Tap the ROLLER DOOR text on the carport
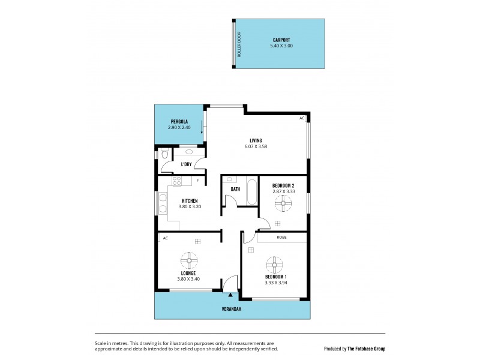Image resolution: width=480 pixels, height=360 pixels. tap(238, 45)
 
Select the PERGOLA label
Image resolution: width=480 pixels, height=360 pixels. tap(179, 122)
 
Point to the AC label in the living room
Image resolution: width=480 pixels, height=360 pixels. tap(302, 118)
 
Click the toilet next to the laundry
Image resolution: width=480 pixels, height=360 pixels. tap(164, 155)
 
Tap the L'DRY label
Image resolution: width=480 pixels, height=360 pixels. tap(186, 164)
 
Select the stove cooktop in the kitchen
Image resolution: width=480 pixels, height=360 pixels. tap(177, 180)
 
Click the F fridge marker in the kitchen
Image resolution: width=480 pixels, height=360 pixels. tap(197, 180)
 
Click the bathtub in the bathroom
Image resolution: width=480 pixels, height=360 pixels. tap(251, 191)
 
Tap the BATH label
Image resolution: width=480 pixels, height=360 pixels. tap(236, 190)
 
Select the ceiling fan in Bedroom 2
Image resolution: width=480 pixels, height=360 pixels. tap(281, 204)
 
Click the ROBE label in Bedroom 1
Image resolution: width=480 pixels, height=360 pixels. tap(281, 238)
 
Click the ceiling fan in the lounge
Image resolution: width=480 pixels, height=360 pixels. tap(189, 260)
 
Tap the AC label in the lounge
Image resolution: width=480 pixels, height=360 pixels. tap(164, 238)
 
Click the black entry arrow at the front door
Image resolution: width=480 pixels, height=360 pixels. tap(230, 295)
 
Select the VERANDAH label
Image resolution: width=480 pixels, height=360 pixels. tap(231, 310)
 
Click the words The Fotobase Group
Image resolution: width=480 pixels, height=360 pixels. tap(367, 348)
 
